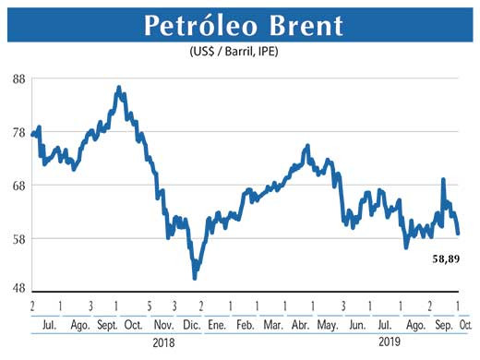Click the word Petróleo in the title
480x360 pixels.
[x=199, y=26]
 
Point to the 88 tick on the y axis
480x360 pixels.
[x=18, y=78]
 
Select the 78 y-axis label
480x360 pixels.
[x=18, y=132]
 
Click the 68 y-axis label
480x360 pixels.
[x=18, y=185]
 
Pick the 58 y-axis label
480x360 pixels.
[x=18, y=238]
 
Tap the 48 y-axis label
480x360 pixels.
[x=18, y=288]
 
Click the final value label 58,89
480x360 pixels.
[x=446, y=258]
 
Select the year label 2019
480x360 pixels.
[x=392, y=342]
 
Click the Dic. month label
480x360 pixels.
[x=192, y=326]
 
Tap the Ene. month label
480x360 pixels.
[x=217, y=326]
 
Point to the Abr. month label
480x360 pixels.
[x=300, y=326]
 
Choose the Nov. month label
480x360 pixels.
[x=162, y=326]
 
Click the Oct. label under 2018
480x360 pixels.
[x=132, y=326]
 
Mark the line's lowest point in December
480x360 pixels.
[x=194, y=278]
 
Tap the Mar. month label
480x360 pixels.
[x=273, y=326]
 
